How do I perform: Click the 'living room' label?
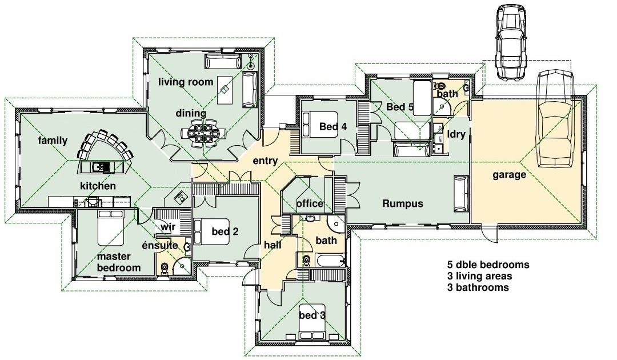186,82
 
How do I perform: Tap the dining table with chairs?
203,133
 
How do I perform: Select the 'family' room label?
53,141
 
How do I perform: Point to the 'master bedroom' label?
119,262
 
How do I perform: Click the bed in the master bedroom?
111,228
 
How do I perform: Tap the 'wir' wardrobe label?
167,227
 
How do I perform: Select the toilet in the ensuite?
165,268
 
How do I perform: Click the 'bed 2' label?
225,231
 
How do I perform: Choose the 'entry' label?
265,161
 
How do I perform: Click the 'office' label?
310,203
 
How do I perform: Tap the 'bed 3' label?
312,315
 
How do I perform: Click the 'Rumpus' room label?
403,203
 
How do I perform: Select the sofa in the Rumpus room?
461,194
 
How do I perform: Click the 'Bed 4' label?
333,126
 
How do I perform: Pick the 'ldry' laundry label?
456,134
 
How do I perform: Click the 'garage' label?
509,174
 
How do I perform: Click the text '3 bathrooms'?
478,287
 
